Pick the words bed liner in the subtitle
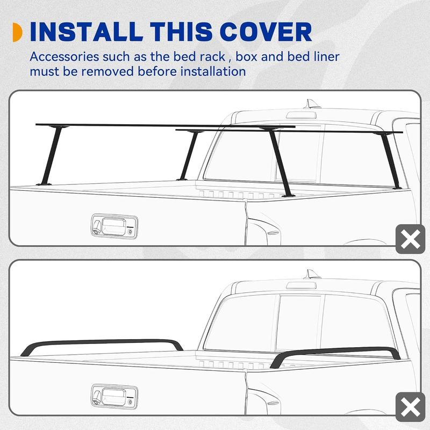(x=313, y=56)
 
